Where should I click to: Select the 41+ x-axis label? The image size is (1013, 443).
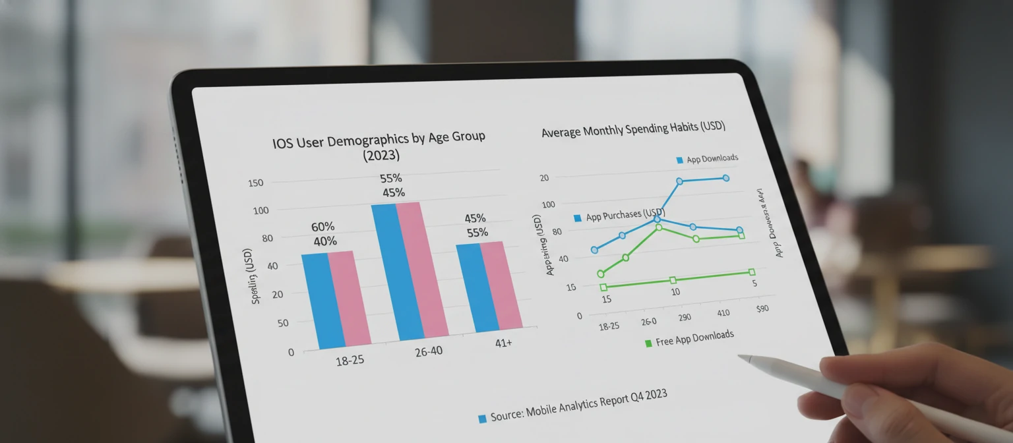click(503, 343)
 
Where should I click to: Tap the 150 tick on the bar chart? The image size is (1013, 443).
click(255, 183)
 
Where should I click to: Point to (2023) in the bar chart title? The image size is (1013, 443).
click(381, 156)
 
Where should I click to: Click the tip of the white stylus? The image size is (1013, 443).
click(741, 357)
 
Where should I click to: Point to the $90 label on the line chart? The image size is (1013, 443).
click(762, 309)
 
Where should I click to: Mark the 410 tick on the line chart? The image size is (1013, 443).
click(723, 312)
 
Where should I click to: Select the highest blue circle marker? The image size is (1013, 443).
click(725, 178)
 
